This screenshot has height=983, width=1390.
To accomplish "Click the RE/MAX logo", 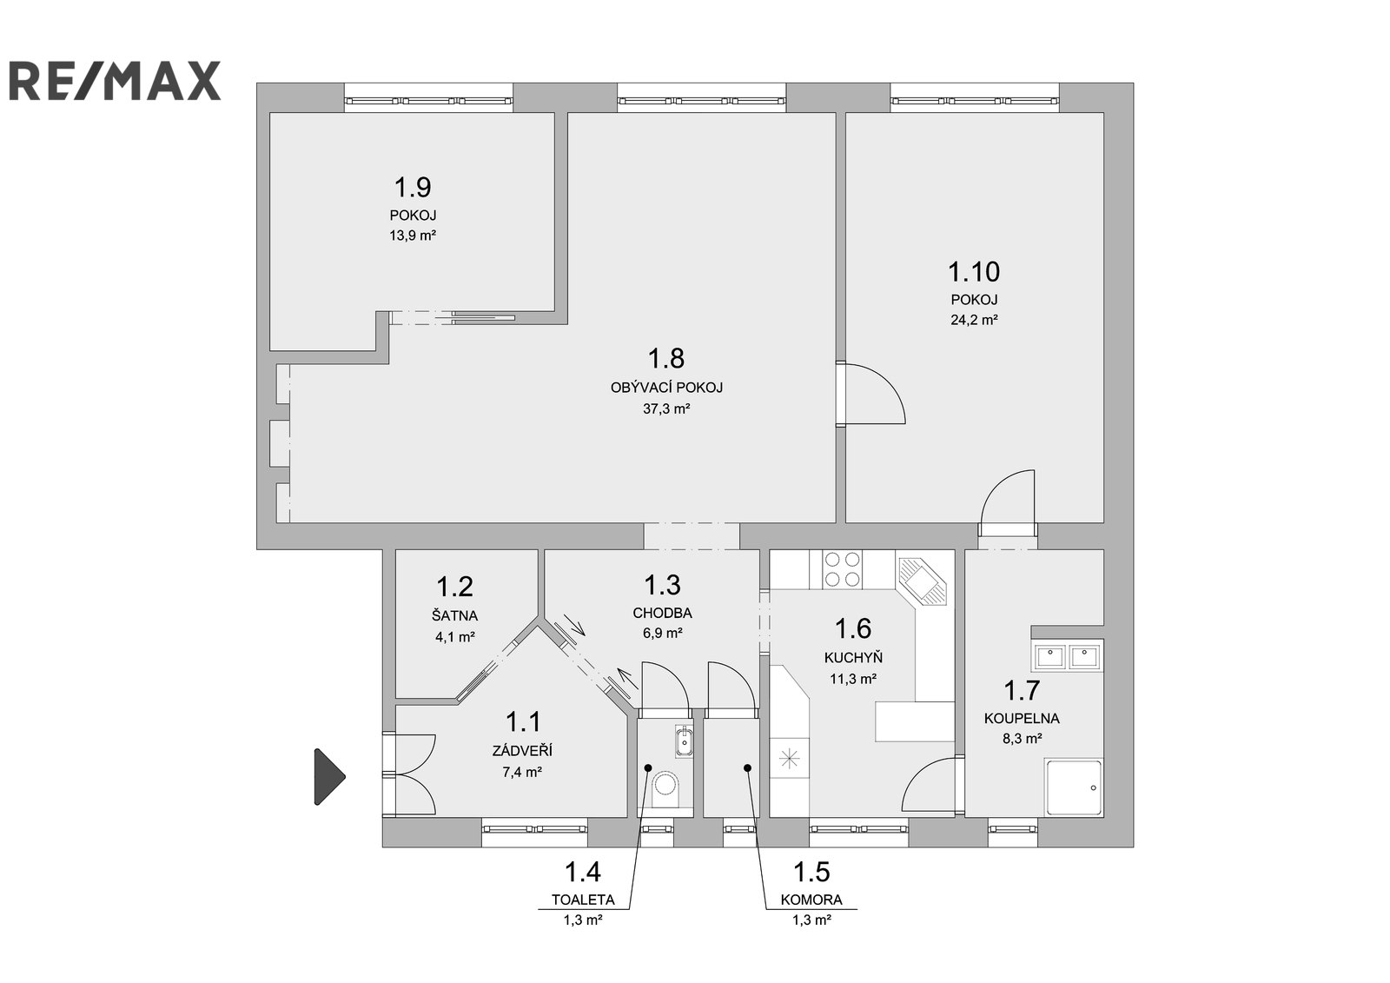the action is (115, 81).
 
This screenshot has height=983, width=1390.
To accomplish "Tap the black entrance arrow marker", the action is (329, 777).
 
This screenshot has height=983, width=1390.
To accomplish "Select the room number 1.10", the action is (974, 271).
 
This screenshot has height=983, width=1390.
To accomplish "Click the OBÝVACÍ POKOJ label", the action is (666, 389).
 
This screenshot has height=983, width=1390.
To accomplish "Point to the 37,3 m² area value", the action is (666, 409).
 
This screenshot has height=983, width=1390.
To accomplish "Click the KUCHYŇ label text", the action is (853, 657).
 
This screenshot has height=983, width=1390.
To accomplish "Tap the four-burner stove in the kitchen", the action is (843, 569).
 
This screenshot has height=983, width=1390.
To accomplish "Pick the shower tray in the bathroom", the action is (1074, 787).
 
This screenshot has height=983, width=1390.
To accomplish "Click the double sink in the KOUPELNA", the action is (1068, 655).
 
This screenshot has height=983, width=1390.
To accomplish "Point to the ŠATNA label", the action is (455, 616).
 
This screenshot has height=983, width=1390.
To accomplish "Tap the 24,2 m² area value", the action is (974, 321).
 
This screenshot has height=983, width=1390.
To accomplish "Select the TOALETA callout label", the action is (583, 900).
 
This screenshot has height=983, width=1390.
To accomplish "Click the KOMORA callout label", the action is (811, 900).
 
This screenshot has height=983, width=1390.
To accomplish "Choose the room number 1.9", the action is (413, 186).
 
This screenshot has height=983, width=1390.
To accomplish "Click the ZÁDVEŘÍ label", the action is (522, 752).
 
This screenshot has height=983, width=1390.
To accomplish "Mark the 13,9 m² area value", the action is (413, 236).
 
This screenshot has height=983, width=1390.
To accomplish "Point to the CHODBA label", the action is (662, 613).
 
